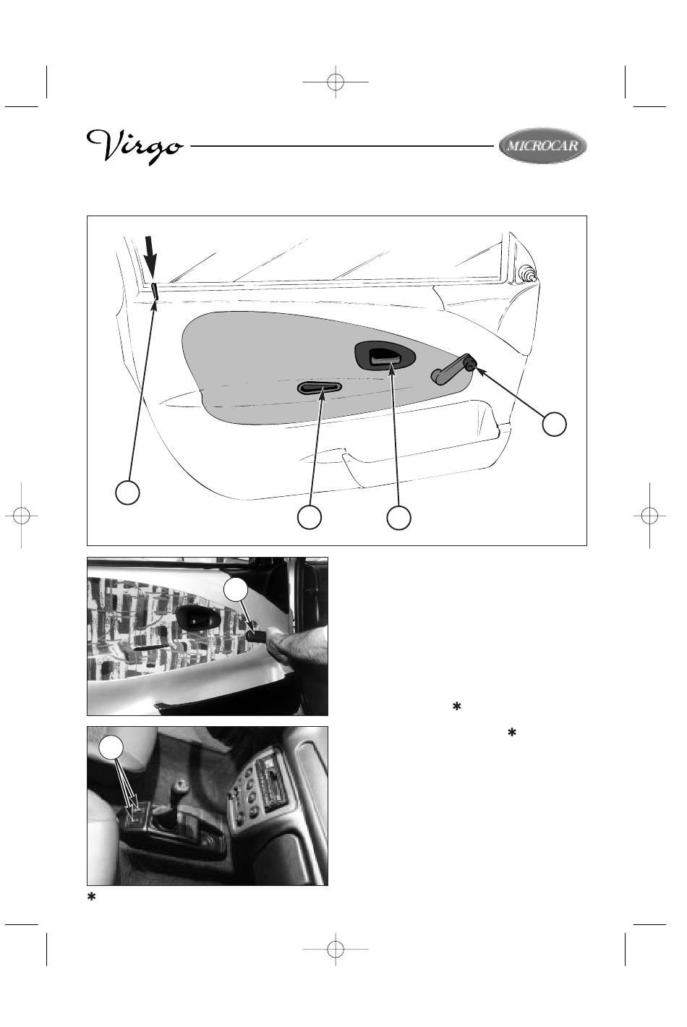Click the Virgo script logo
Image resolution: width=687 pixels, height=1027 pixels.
[135, 146]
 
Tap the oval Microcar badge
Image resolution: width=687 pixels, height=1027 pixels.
[542, 145]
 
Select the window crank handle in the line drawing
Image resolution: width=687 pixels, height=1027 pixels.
[453, 369]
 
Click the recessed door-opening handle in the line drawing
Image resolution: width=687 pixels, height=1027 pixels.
[385, 355]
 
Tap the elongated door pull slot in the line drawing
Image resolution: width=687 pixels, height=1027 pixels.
[320, 388]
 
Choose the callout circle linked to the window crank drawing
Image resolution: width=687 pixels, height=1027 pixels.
[554, 424]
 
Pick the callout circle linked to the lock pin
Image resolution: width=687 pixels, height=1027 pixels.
[127, 493]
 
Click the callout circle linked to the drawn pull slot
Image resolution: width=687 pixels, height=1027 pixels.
[310, 517]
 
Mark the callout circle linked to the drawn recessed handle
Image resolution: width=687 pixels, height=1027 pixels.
[398, 517]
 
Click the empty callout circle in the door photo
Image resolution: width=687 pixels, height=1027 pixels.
[236, 591]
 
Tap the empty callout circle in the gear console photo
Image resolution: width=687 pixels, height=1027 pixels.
[111, 748]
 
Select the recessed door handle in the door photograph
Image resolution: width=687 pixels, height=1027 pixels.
[195, 618]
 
